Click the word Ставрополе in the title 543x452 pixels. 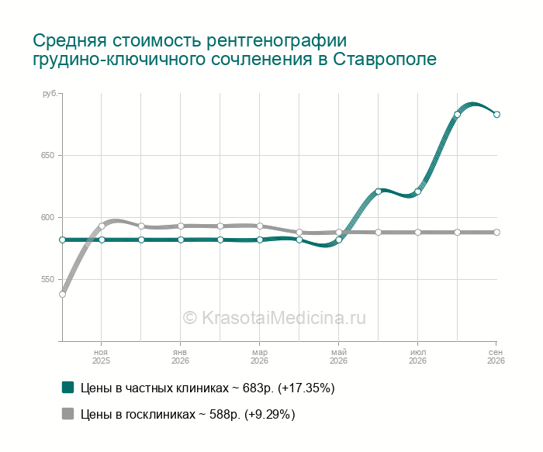pos(385,59)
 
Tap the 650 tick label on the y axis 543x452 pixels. pos(48,155)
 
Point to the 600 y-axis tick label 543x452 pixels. pos(48,217)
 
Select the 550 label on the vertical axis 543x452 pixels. pos(48,279)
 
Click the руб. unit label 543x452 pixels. pos(50,94)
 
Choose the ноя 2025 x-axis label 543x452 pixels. pos(101,357)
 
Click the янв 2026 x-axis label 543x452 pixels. pos(180,357)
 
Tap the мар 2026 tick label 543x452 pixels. pos(259,357)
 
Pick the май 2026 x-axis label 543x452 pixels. pos(338,357)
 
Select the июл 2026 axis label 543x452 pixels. pos(417,357)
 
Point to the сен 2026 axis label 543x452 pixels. pos(496,357)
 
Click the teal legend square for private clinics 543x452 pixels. pos(68,388)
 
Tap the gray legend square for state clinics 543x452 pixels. pos(68,413)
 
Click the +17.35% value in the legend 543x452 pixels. pos(306,388)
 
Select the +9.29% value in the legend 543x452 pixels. pos(270,414)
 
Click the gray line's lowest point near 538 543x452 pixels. pos(62,294)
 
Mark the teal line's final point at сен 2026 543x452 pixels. pos(496,115)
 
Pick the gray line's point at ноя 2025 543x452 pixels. pos(102,226)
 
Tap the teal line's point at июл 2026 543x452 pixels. pos(417,191)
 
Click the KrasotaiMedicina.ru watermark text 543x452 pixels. pos(275,317)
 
